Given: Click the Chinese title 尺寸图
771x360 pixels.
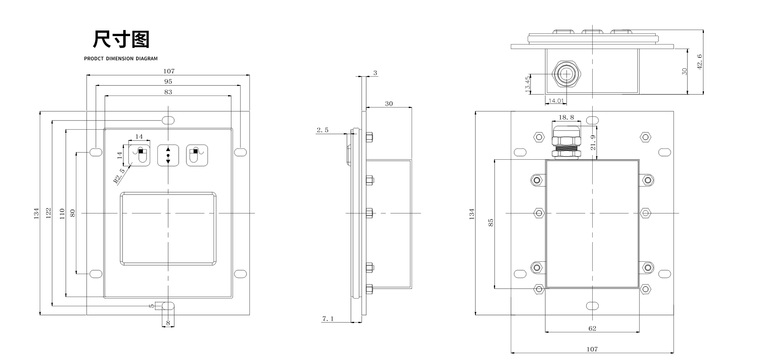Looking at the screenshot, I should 121,39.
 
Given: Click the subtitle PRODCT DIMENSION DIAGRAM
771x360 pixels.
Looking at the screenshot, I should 121,59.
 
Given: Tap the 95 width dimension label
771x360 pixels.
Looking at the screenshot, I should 168,81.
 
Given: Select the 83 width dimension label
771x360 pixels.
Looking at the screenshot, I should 168,92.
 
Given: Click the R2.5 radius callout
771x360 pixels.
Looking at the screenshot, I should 119,176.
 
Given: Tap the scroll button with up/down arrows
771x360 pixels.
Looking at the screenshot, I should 168,155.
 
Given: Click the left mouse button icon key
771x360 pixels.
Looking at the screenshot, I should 139,155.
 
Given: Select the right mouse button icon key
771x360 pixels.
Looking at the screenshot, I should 196,155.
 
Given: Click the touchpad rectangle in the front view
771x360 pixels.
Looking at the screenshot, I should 168,229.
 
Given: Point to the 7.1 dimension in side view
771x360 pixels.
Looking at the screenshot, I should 328,319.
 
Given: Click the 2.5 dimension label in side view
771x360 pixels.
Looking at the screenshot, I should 322,130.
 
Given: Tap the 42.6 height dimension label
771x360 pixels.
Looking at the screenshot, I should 700,62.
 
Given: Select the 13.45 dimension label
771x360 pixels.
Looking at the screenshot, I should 528,84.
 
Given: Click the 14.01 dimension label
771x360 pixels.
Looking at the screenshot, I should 556,101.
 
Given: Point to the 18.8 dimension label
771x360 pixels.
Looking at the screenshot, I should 566,118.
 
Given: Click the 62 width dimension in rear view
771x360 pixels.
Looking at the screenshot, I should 592,328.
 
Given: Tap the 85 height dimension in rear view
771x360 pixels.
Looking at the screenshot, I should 491,223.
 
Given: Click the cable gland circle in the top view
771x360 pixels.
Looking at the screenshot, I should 566,75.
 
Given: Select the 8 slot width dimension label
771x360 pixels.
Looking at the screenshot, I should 168,323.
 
